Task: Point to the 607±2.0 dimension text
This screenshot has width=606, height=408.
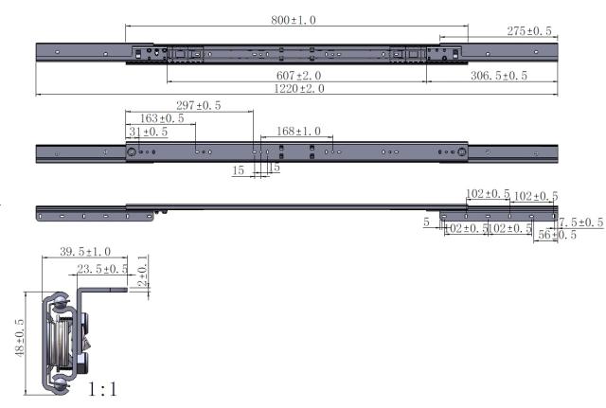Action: click(x=299, y=76)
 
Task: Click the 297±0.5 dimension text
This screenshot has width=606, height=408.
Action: click(x=199, y=105)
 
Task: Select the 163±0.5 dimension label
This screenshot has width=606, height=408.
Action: click(x=162, y=118)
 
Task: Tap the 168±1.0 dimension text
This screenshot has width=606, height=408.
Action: click(x=297, y=131)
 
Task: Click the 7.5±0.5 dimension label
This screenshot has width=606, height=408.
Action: click(x=580, y=222)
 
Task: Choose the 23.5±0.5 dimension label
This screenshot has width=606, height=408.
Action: click(x=103, y=269)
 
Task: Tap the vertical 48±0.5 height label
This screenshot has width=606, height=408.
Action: click(x=20, y=337)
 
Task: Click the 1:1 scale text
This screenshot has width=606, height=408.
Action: click(x=103, y=388)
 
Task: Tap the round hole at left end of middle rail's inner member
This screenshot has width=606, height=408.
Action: click(x=131, y=152)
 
